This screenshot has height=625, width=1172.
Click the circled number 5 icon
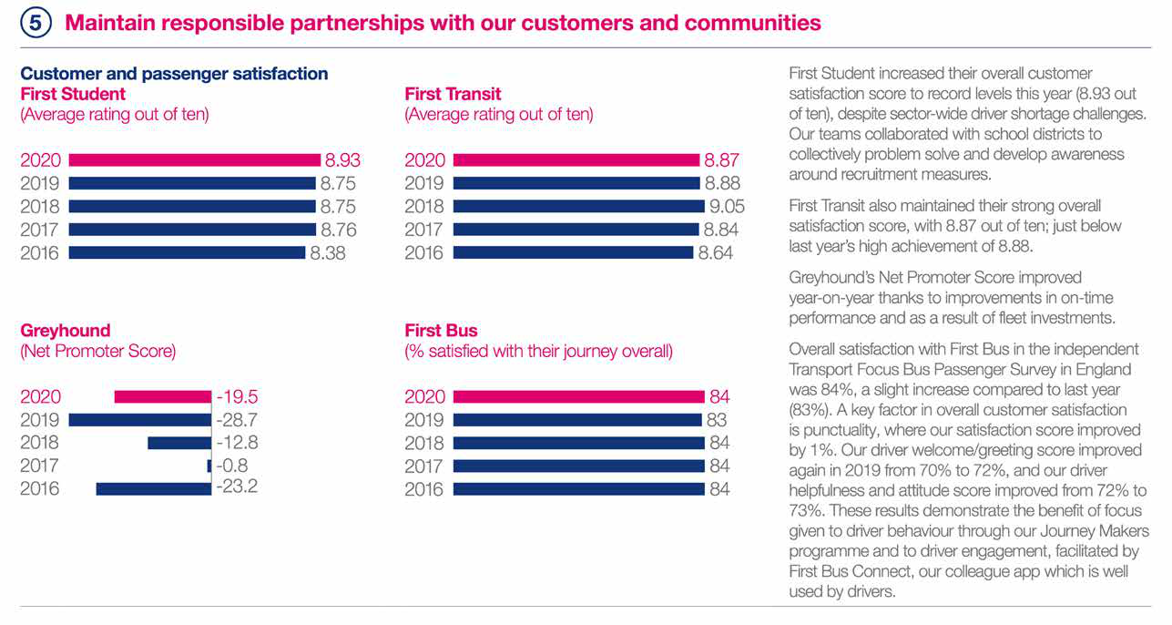35,23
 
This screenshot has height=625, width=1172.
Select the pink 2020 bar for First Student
195,160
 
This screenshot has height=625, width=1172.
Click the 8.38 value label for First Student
328,253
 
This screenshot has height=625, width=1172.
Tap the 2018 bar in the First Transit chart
578,207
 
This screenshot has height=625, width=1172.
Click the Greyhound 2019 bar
140,420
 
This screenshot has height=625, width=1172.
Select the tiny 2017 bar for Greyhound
209,466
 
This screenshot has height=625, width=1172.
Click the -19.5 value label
237,397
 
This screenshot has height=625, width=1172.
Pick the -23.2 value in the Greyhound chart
237,487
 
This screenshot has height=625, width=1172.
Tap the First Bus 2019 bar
578,420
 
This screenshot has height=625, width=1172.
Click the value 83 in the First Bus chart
717,420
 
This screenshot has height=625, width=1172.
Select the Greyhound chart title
65,331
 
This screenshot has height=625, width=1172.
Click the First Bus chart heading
441,331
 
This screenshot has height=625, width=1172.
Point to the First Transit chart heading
453,94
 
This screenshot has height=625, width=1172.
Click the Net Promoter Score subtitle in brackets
97,352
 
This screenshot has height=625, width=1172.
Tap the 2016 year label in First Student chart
40,253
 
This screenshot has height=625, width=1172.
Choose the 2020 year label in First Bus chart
424,397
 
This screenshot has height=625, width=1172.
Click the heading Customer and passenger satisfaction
174,74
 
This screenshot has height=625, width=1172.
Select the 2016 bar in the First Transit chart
574,253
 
